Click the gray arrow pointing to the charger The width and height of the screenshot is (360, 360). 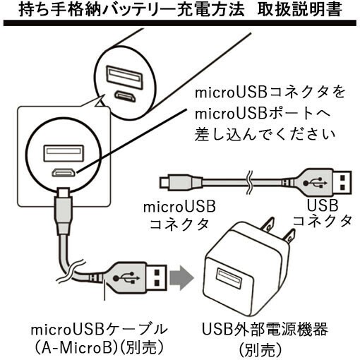coord(181,278)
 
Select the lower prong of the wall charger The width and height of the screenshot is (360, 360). coord(289,236)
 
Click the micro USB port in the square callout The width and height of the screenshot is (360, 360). coord(64,173)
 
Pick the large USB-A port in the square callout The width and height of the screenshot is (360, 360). coord(64,153)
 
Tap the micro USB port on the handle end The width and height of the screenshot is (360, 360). coord(125,96)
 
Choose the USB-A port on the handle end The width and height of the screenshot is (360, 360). coord(125,78)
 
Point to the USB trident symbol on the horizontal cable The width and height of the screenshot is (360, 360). coord(315,183)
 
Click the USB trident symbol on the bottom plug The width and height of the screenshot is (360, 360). coord(126,278)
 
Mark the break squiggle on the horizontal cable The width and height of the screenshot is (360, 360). coord(249,182)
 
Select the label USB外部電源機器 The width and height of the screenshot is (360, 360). coord(265,329)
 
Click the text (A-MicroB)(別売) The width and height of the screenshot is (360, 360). coord(99,347)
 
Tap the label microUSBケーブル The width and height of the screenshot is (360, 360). coord(99,329)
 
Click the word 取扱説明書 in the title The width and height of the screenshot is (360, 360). coord(299,10)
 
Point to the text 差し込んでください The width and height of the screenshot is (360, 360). coord(265,134)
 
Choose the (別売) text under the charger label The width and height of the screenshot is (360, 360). coord(260,350)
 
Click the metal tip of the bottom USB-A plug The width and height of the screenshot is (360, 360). coord(157,278)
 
